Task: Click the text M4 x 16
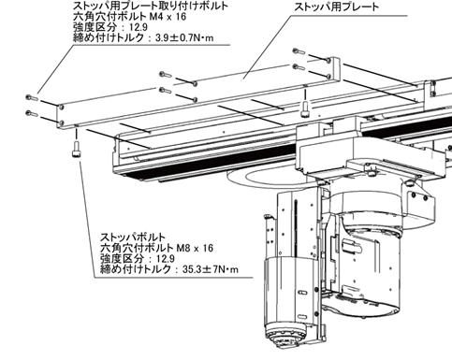(x=168, y=16)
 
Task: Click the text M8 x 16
(x=195, y=248)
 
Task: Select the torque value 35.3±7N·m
(x=211, y=269)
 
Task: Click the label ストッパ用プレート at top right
(x=337, y=7)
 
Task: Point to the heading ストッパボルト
(x=133, y=237)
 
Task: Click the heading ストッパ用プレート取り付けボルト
(x=151, y=6)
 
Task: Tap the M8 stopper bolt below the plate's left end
(x=76, y=150)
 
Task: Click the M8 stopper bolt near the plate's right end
(x=305, y=109)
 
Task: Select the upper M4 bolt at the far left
(x=32, y=98)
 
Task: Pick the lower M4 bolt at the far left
(x=32, y=114)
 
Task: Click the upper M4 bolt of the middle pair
(x=166, y=75)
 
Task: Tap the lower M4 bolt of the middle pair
(x=166, y=91)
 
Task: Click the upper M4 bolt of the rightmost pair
(x=299, y=51)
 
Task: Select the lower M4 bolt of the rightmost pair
(x=299, y=66)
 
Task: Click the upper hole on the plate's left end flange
(x=62, y=108)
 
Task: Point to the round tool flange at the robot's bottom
(x=285, y=334)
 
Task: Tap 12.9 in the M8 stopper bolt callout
(x=166, y=259)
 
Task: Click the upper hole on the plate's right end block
(x=328, y=60)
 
